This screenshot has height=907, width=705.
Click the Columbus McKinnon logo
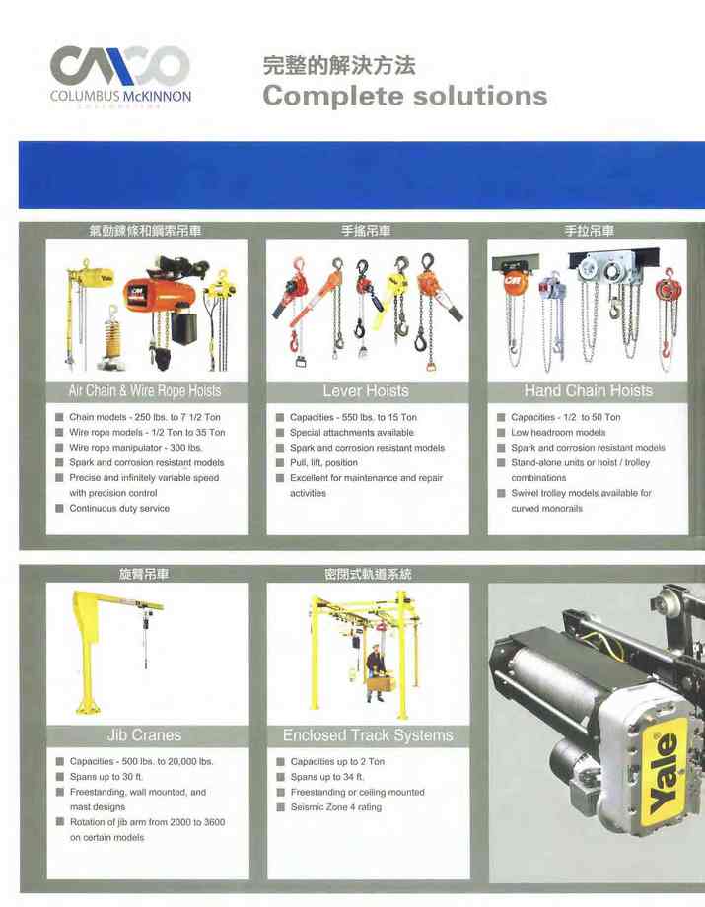(120, 76)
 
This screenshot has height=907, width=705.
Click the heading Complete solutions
(405, 96)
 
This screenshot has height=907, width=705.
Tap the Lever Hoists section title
(366, 391)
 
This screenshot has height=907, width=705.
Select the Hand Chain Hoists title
(589, 391)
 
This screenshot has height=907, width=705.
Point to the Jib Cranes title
(144, 735)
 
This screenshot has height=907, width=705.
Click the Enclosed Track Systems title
(368, 735)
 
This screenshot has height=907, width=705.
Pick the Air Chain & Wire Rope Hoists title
(145, 391)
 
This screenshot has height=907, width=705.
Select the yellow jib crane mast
(85, 654)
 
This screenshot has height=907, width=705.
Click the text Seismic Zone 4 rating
(336, 807)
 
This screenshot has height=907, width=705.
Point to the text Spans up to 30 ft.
(106, 777)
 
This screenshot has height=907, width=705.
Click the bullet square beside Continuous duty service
(59, 509)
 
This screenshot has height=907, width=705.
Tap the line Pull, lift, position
(323, 462)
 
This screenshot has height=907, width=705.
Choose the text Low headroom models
(558, 433)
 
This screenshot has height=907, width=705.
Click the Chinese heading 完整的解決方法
(339, 65)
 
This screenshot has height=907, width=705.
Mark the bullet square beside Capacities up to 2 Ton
(280, 762)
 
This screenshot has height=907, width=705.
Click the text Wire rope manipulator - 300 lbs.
(136, 448)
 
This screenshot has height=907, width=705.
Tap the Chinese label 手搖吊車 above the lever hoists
(366, 231)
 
